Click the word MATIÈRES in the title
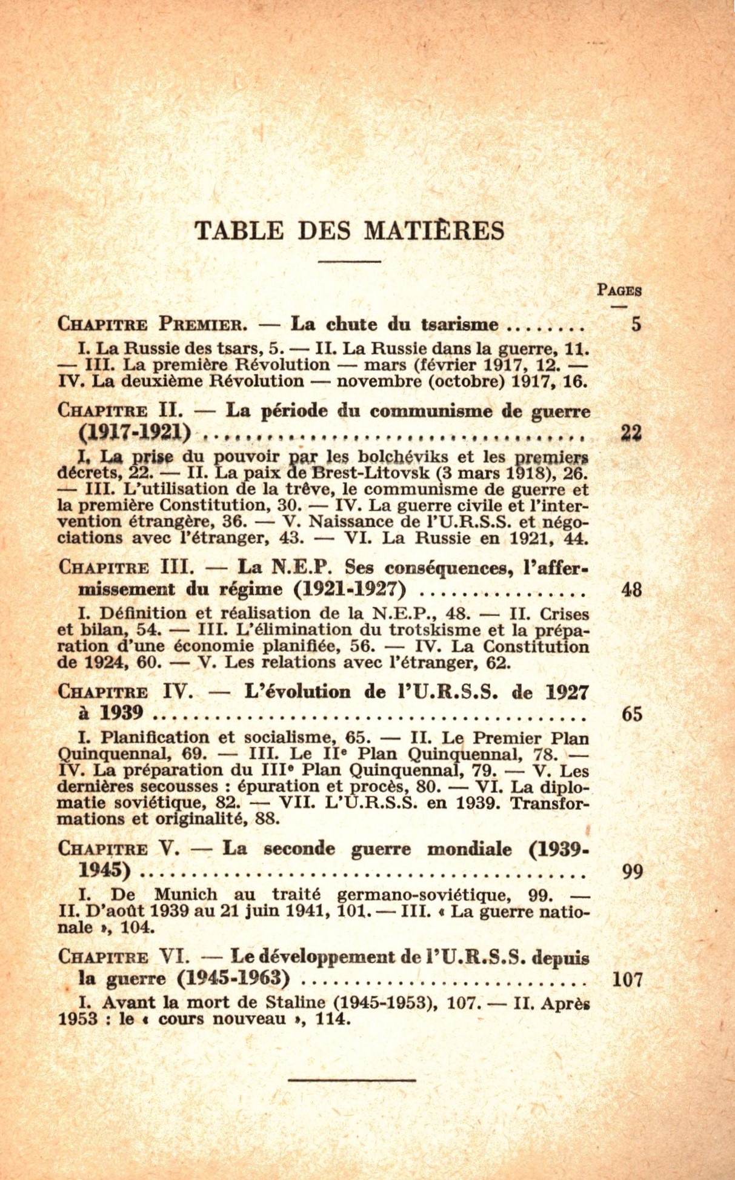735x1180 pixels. click(434, 231)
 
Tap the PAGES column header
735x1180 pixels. click(619, 290)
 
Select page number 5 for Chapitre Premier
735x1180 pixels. click(636, 325)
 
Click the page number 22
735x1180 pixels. click(631, 433)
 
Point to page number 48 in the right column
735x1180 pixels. click(631, 589)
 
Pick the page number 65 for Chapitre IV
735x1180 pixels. click(631, 714)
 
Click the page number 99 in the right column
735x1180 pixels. click(631, 872)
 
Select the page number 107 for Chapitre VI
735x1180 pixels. click(627, 979)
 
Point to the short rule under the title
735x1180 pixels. click(349, 261)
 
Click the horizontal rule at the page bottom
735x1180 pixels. click(352, 1079)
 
